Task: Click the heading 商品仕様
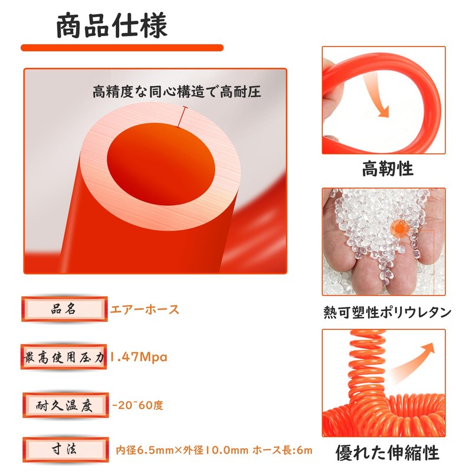pyautogui.click(x=112, y=25)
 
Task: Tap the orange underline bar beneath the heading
pyautogui.click(x=122, y=48)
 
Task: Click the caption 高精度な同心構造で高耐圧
pyautogui.click(x=176, y=91)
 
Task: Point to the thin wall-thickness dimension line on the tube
pyautogui.click(x=182, y=116)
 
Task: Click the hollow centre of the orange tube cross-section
pyautogui.click(x=161, y=164)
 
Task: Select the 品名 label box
pyautogui.click(x=64, y=309)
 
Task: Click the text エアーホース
pyautogui.click(x=145, y=309)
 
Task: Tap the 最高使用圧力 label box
pyautogui.click(x=64, y=358)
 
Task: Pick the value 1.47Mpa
pyautogui.click(x=138, y=357)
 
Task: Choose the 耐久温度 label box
pyautogui.click(x=65, y=405)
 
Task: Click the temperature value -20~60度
pyautogui.click(x=137, y=405)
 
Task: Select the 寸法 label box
pyautogui.click(x=65, y=450)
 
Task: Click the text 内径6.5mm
pyautogui.click(x=145, y=450)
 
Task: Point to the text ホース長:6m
pyautogui.click(x=283, y=450)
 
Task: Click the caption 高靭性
pyautogui.click(x=388, y=169)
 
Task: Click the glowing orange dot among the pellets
pyautogui.click(x=401, y=228)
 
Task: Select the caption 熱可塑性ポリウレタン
pyautogui.click(x=388, y=312)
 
